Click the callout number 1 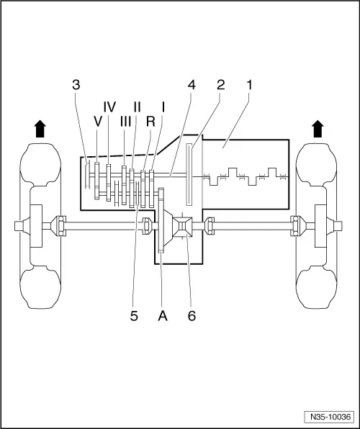[250, 85]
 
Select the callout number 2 [220, 85]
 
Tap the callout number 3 [76, 85]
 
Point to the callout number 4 [191, 85]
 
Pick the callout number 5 [135, 315]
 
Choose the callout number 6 [192, 315]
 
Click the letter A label [163, 315]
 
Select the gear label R [150, 122]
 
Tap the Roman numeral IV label [109, 107]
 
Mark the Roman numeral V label [98, 122]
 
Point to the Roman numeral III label [126, 122]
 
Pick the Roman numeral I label [163, 107]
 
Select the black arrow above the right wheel [317, 129]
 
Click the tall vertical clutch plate [189, 175]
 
